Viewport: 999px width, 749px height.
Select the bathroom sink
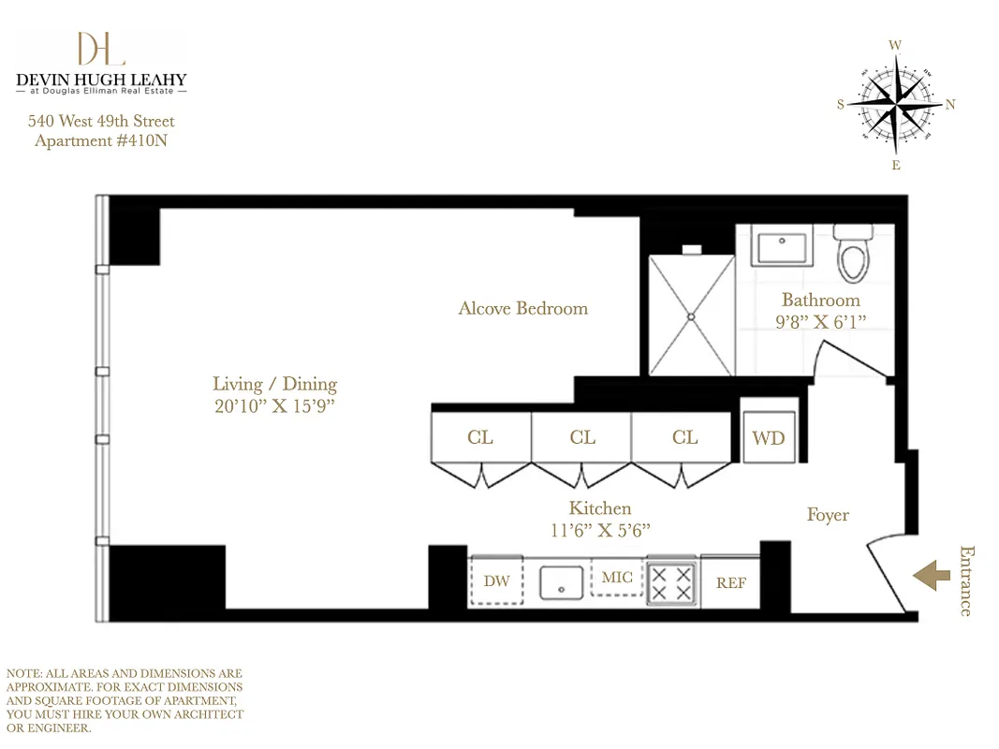click(782, 248)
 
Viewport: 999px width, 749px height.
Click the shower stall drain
click(693, 316)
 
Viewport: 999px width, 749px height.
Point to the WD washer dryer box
click(769, 437)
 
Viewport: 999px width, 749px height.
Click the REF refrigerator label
click(731, 583)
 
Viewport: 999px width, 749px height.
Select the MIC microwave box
click(616, 578)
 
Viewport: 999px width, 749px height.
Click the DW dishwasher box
click(496, 581)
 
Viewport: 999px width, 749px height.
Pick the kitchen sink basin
click(561, 582)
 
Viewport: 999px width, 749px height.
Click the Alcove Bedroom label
click(522, 308)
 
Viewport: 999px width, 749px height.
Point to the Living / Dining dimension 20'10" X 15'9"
click(273, 406)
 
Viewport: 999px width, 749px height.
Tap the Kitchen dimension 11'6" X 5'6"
click(600, 530)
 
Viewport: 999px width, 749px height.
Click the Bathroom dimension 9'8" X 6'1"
click(820, 322)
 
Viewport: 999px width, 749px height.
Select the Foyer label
click(828, 515)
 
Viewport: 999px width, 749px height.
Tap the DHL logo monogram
click(101, 50)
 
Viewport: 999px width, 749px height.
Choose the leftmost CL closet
click(480, 437)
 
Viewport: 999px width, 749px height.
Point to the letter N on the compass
click(950, 105)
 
